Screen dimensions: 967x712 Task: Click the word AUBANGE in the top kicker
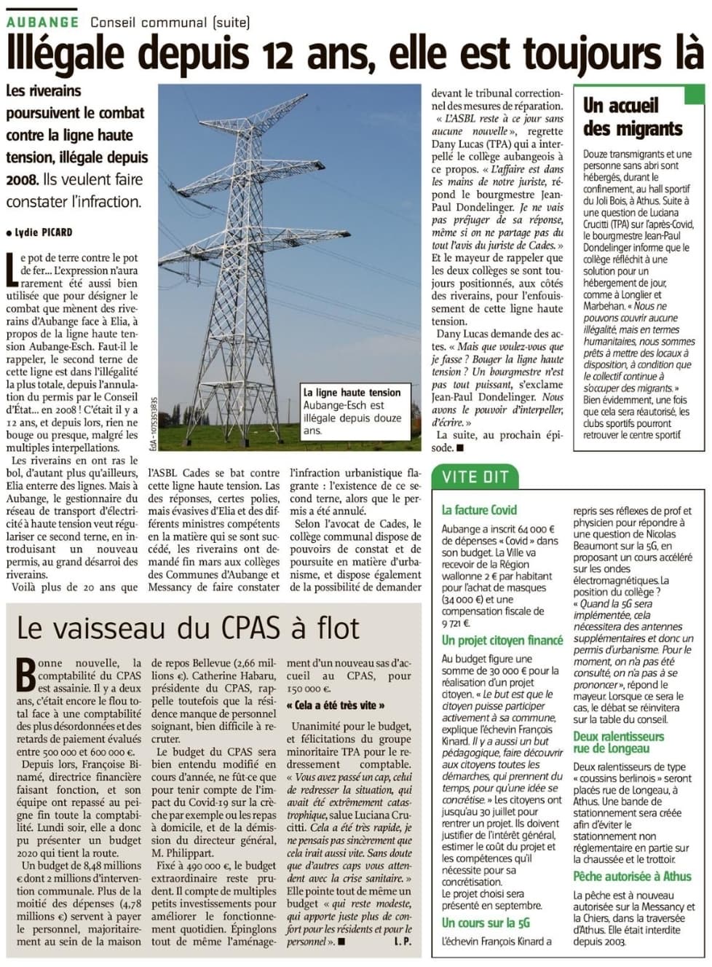[42, 22]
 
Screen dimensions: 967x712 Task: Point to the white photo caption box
[355, 412]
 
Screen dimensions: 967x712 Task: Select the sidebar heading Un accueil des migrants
[632, 117]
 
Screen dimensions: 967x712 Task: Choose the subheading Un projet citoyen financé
[502, 640]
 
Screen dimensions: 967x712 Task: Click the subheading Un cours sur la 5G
[486, 923]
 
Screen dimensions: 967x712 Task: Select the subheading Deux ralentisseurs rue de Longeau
[618, 742]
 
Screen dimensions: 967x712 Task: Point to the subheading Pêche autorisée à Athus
[632, 876]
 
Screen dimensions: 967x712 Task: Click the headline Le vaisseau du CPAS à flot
[188, 628]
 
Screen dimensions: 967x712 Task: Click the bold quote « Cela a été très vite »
[336, 705]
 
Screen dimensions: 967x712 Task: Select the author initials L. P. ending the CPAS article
[403, 941]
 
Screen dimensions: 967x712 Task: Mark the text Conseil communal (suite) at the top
[170, 22]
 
